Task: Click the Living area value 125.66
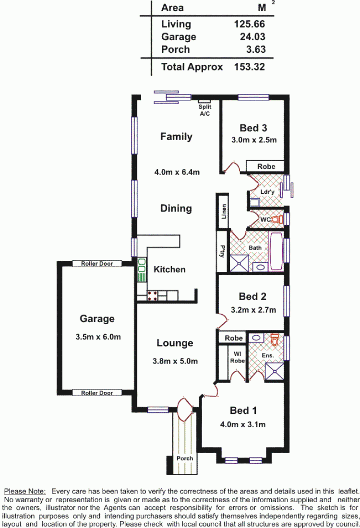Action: pos(249,24)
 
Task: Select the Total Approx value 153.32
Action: pos(249,67)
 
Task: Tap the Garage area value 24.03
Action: pos(252,37)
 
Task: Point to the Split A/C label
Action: pos(204,110)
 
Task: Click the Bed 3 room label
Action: pos(253,128)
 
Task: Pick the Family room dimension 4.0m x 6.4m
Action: pos(177,172)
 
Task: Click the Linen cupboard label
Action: pos(224,211)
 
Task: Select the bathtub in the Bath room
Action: pos(276,251)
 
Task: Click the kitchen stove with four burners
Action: pos(152,296)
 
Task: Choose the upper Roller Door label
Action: pos(97,264)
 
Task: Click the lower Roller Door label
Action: pos(97,393)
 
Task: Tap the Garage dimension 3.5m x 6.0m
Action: pos(98,337)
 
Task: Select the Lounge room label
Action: pos(175,343)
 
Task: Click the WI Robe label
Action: pos(237,357)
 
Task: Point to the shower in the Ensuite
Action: pos(274,371)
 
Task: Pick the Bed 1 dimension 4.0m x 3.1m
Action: pos(243,424)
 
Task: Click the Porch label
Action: pos(185,458)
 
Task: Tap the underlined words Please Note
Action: pos(24,492)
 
